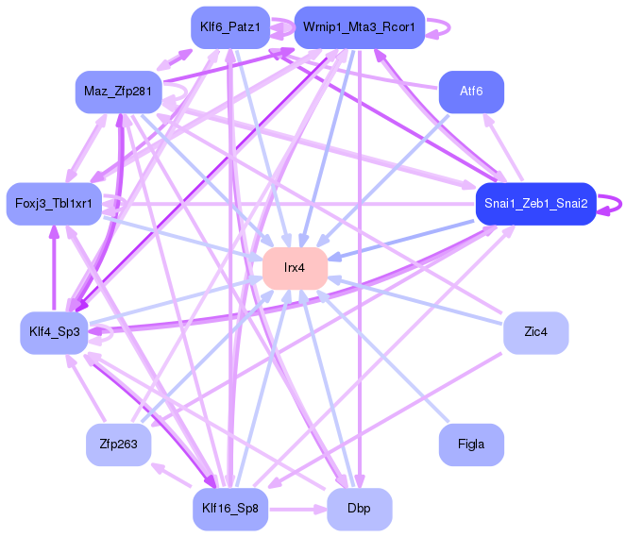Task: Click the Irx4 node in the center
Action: click(295, 268)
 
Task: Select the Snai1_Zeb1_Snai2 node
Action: click(535, 204)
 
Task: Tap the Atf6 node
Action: click(471, 92)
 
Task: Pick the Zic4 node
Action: click(535, 332)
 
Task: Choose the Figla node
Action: click(471, 445)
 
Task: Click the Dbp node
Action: click(360, 509)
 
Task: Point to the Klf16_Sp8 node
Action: click(230, 509)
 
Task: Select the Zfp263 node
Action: click(119, 445)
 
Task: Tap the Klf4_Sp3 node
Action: click(55, 332)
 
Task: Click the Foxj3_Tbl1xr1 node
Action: click(54, 204)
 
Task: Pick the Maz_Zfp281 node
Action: click(119, 92)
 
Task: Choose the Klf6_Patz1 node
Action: click(230, 27)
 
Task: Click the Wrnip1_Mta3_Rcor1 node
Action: click(360, 27)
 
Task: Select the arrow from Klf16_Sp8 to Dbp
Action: click(297, 510)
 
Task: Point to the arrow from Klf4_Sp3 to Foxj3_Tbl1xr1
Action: click(54, 268)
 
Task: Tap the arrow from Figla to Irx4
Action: click(382, 356)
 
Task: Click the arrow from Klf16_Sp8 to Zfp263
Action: click(171, 475)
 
